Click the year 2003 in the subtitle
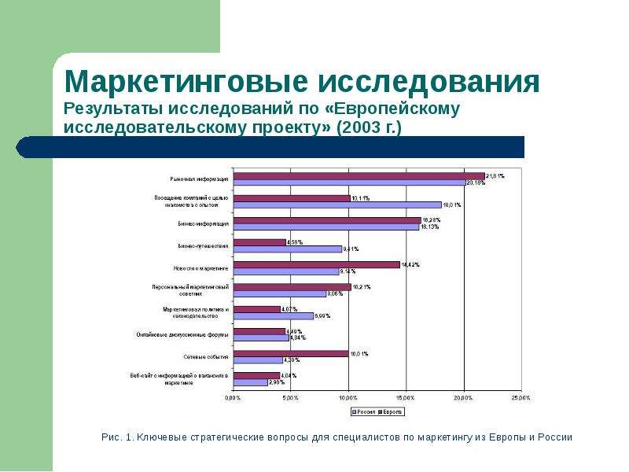click(357, 127)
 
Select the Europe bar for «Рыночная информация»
click(359, 176)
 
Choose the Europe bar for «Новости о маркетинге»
click(317, 264)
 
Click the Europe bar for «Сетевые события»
click(291, 353)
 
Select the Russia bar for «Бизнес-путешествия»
click(288, 249)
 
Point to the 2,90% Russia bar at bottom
click(251, 382)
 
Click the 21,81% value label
click(495, 176)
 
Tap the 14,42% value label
click(410, 264)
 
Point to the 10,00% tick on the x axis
click(348, 398)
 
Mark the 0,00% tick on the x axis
click(234, 398)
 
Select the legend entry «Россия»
click(362, 411)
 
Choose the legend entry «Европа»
click(391, 411)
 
